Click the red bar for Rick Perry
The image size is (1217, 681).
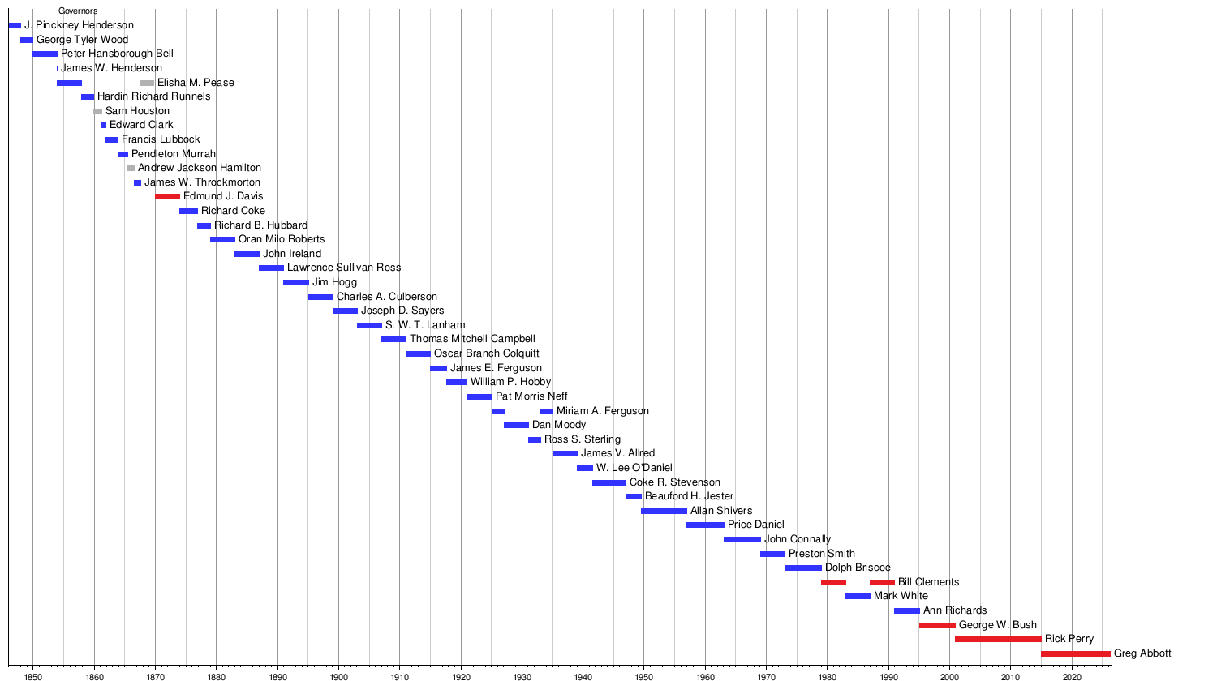997,640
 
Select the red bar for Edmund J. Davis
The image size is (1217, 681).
167,197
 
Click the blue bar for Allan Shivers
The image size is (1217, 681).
664,512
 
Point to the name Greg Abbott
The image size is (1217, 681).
1142,653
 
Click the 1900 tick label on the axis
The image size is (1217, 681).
338,676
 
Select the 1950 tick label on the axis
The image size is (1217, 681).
644,676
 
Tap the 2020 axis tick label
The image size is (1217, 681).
1072,676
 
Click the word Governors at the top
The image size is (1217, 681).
78,11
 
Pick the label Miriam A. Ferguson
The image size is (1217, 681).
602,411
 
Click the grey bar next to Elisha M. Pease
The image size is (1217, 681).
147,83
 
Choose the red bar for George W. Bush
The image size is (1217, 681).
937,626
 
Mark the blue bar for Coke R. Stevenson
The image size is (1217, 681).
608,483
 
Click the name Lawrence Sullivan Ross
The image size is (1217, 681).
344,268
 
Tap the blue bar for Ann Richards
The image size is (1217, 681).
906,611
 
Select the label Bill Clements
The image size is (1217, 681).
928,582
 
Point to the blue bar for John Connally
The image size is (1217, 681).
742,540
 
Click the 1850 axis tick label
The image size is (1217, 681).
32,676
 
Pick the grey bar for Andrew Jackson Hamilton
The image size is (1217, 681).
131,169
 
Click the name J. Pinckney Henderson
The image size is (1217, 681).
79,25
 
